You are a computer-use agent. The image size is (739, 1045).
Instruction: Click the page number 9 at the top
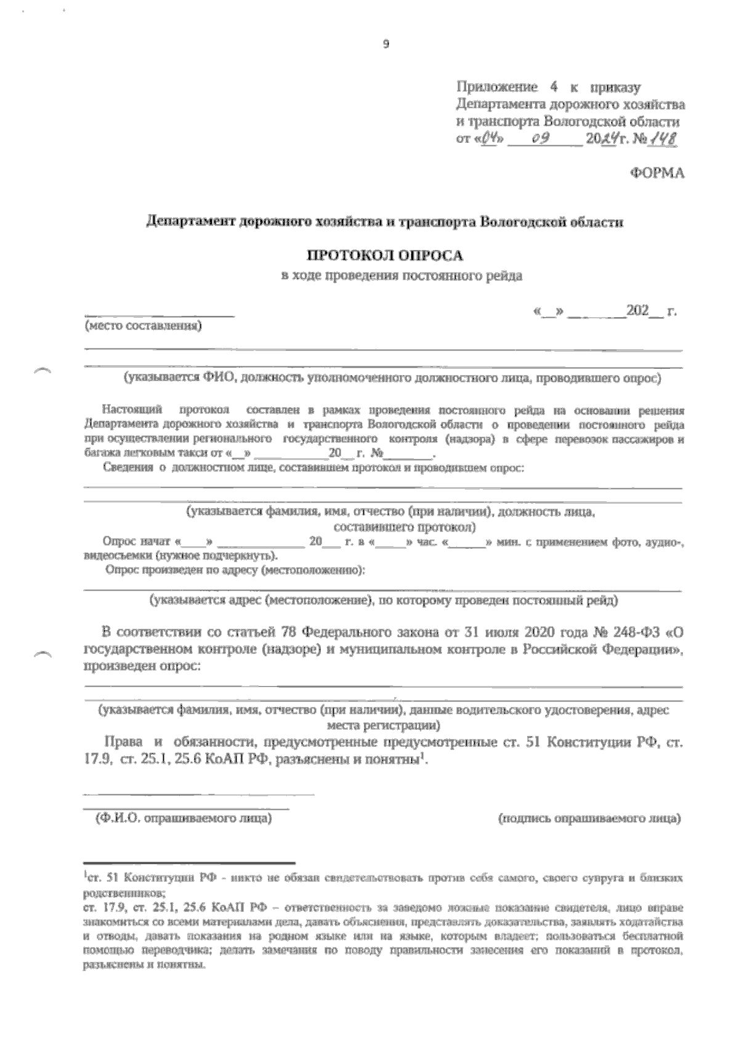point(386,44)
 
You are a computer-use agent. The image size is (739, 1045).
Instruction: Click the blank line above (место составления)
point(159,316)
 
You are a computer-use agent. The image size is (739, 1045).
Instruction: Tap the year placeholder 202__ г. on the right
point(650,312)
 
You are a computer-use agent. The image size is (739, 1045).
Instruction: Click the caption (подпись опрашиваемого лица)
point(588,819)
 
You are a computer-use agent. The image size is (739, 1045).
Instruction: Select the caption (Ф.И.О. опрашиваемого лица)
point(183,819)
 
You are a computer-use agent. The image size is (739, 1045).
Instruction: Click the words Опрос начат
point(138,543)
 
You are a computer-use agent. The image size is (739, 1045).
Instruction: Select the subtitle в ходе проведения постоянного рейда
point(402,276)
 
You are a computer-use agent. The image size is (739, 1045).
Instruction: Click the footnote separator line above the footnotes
point(189,863)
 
